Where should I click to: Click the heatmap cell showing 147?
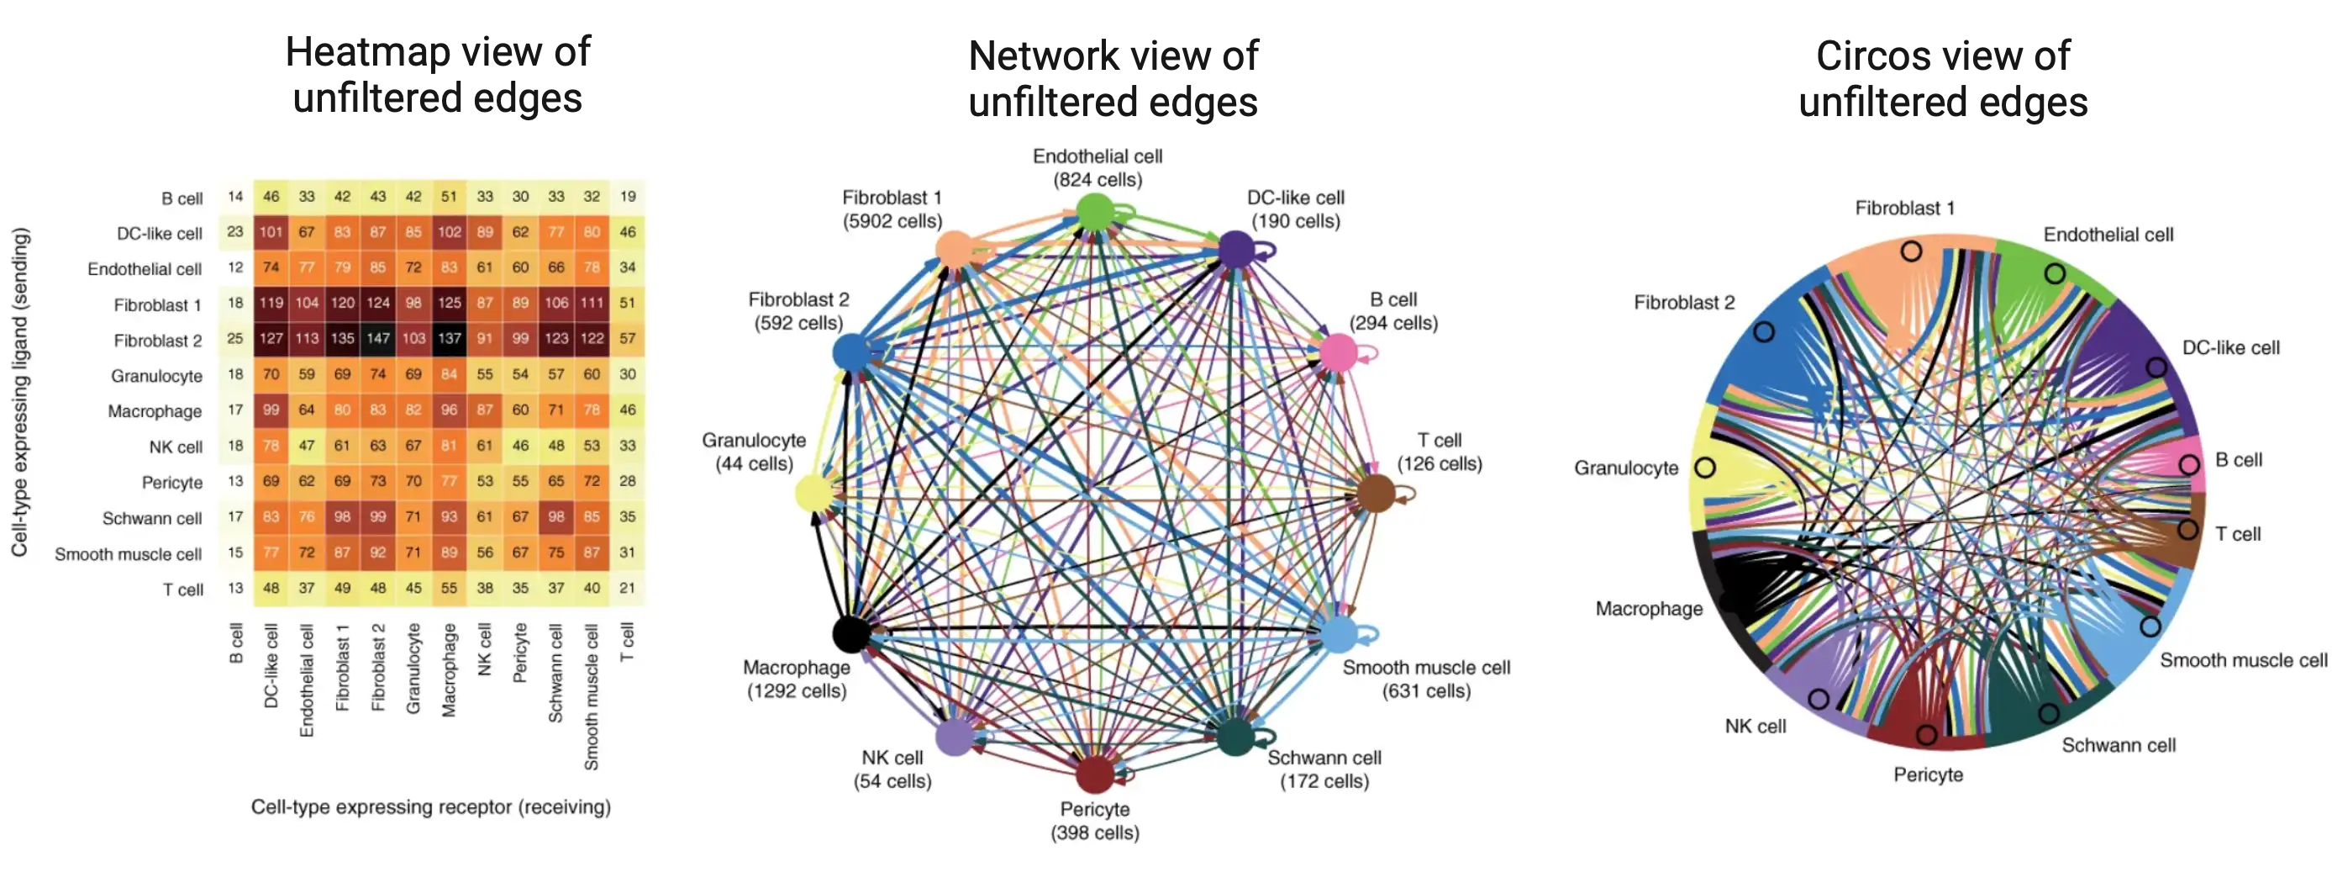[x=377, y=339]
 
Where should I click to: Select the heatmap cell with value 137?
[x=449, y=339]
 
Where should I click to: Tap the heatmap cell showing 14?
[x=235, y=197]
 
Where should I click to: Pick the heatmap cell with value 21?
[x=628, y=588]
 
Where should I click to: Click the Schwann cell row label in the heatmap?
[x=151, y=518]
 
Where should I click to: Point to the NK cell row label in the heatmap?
[x=176, y=447]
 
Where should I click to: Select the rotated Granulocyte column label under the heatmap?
[x=413, y=669]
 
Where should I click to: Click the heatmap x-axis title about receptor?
[x=431, y=807]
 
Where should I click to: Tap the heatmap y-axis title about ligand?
[x=20, y=392]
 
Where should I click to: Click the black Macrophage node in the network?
[x=850, y=633]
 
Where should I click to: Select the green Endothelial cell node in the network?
[x=1095, y=212]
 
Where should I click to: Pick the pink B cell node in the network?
[x=1338, y=352]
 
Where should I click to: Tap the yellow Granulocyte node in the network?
[x=813, y=494]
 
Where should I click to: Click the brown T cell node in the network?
[x=1376, y=494]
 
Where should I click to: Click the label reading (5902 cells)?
[x=892, y=221]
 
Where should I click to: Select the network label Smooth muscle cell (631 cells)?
[x=1426, y=679]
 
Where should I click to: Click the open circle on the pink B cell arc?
[x=2189, y=464]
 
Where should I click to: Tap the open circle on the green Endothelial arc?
[x=2055, y=272]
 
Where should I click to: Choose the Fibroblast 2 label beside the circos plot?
[x=1684, y=303]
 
